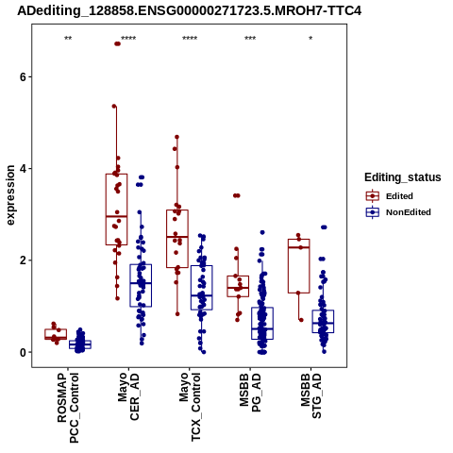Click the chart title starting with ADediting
pos(189,10)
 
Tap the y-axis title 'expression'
pos(10,195)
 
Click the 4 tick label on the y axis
pos(23,169)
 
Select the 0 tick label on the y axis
pos(23,352)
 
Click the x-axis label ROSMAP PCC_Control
pos(68,408)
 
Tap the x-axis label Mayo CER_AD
pos(128,396)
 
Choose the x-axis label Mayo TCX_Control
pos(190,407)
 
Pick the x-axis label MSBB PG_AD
pos(250,393)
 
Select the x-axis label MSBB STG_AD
pos(311,395)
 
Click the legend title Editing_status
pos(403,177)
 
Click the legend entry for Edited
pos(389,196)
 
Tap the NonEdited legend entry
pos(398,212)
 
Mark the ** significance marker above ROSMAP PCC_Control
pos(68,39)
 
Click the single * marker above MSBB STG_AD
pos(310,39)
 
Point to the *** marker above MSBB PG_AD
pos(250,39)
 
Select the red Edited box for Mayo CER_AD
pos(116,210)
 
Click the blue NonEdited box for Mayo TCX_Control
pos(202,288)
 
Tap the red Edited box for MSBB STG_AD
pos(298,266)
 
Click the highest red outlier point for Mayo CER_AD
pos(117,43)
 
